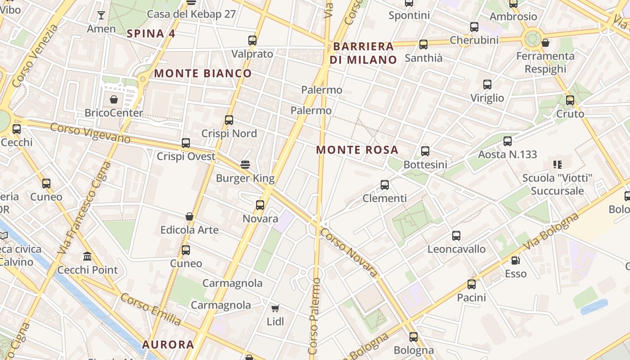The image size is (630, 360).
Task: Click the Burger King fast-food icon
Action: tap(245, 164)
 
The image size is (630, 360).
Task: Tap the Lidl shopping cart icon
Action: tap(275, 308)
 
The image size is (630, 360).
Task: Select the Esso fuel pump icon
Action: tap(515, 260)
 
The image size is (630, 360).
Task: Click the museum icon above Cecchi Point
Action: tap(87, 256)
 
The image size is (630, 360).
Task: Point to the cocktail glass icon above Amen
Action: tap(101, 15)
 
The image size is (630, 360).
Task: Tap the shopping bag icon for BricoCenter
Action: tap(114, 99)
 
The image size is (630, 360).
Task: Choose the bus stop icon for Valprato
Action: tap(252, 40)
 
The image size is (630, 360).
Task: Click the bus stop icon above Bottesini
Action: tap(425, 151)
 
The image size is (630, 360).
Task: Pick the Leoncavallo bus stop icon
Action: tap(456, 235)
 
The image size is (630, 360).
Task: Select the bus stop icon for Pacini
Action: tap(472, 284)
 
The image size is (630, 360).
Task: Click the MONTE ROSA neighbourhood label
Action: tap(357, 150)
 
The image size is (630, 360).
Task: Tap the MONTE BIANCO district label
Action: tap(203, 73)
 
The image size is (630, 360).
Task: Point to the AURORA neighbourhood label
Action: tap(168, 345)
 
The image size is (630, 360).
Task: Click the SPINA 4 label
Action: tap(151, 33)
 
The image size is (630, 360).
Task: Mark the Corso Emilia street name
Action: tap(151, 309)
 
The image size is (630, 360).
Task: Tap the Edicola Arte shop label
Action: tap(189, 230)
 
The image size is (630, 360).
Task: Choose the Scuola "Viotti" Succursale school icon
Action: tap(558, 165)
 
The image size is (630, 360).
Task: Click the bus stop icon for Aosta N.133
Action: tap(508, 141)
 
